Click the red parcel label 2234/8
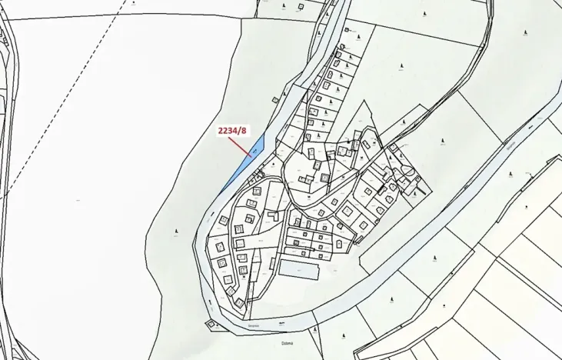[x=233, y=131]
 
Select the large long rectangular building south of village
[x=298, y=269]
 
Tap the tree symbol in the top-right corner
[x=524, y=33]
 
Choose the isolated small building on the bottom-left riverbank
[x=211, y=325]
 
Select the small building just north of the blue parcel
[x=274, y=98]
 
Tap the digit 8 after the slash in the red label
[x=244, y=131]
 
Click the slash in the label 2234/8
[x=240, y=131]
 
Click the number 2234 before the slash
[x=228, y=131]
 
